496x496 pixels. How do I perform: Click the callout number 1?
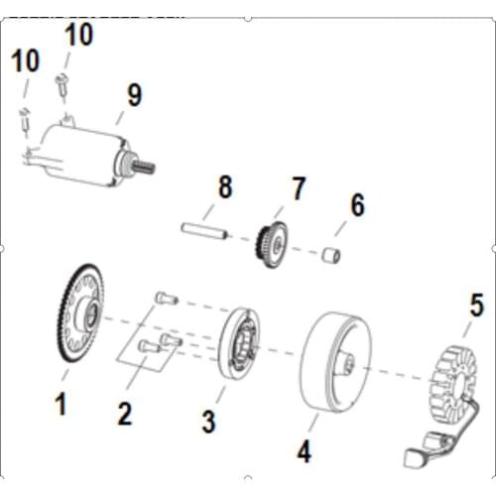coord(62,405)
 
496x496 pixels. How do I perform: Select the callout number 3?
coord(207,421)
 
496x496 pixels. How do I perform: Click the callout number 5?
coord(476,306)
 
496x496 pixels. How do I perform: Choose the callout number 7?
coord(299,188)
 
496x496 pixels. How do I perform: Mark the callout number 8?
coord(224,187)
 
